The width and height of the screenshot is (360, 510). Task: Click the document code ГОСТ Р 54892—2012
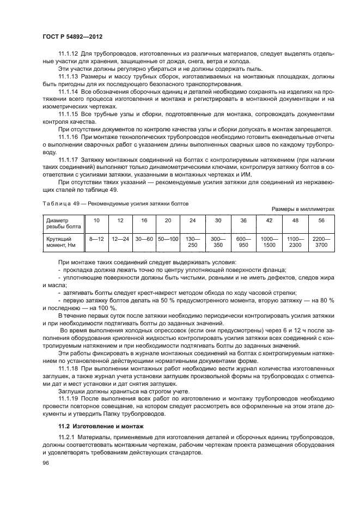click(x=72, y=36)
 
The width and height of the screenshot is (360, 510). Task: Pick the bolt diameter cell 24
click(x=192, y=221)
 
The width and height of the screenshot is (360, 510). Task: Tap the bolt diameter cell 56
click(x=321, y=221)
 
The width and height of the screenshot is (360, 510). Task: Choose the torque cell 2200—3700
click(x=321, y=242)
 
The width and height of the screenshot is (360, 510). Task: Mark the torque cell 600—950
click(x=243, y=242)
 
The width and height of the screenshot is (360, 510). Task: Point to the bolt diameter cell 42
click(x=269, y=221)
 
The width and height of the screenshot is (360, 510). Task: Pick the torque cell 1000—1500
click(x=269, y=242)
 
